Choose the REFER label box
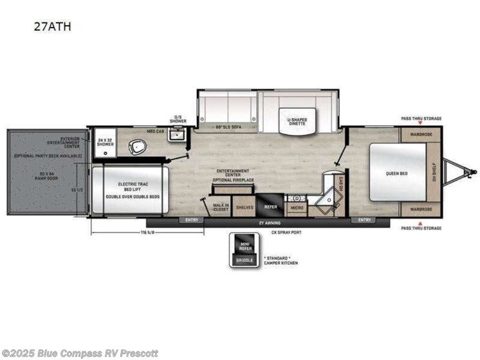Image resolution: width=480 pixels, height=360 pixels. [269, 207]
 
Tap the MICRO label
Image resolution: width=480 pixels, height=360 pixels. [297, 207]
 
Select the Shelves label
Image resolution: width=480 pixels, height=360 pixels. [245, 207]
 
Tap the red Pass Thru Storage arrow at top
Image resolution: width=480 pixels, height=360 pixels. [420, 123]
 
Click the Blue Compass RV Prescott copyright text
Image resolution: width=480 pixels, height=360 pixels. [80, 354]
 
